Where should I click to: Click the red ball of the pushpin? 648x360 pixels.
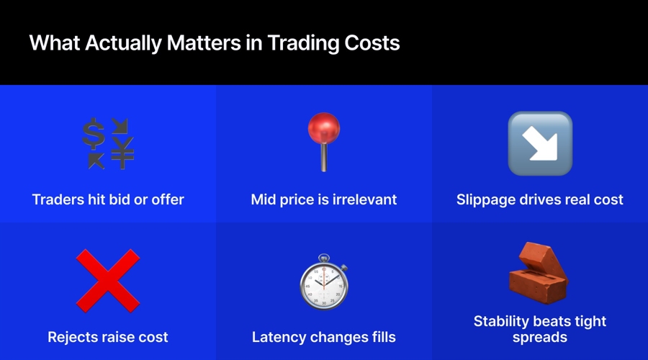pyautogui.click(x=323, y=128)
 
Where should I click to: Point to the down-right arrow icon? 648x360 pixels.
pyautogui.click(x=540, y=143)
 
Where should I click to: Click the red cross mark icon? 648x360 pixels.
pyautogui.click(x=108, y=281)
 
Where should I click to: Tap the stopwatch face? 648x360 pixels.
pyautogui.click(x=324, y=284)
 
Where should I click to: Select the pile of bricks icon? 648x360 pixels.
pyautogui.click(x=538, y=273)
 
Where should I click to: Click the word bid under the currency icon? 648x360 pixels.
pyautogui.click(x=119, y=199)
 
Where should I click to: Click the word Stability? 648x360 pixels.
pyautogui.click(x=502, y=321)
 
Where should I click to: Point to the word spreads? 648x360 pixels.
pyautogui.click(x=540, y=338)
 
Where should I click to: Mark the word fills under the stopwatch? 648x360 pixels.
pyautogui.click(x=379, y=337)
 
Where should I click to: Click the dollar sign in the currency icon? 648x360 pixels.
pyautogui.click(x=93, y=133)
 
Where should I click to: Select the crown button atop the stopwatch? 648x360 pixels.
pyautogui.click(x=324, y=258)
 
